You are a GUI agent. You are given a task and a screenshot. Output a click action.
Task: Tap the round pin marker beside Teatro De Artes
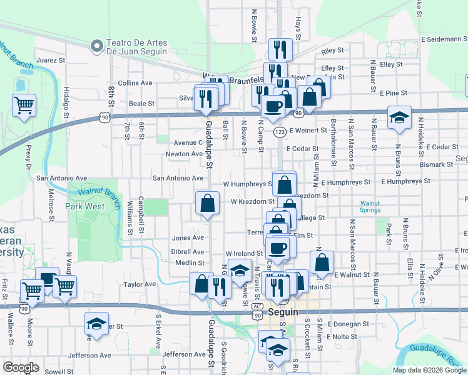(97, 46)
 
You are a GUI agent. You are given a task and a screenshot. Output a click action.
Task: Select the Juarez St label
(51, 61)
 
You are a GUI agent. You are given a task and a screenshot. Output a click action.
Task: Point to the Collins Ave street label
(135, 82)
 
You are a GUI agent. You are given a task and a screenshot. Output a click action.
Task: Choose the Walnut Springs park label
(374, 207)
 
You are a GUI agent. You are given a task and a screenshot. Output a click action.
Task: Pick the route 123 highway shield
(280, 132)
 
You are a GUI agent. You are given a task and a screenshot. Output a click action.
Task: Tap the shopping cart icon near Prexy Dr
(24, 106)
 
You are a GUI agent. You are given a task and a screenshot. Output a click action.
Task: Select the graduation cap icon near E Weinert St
(398, 118)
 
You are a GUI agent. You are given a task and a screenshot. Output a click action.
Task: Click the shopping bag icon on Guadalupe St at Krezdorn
(207, 203)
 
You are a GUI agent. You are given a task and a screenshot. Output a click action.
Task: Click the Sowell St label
(59, 371)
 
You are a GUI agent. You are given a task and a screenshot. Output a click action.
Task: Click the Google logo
(21, 367)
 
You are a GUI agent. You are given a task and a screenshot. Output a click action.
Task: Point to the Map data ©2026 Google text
(429, 370)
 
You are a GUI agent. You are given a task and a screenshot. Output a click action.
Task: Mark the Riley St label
(332, 50)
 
